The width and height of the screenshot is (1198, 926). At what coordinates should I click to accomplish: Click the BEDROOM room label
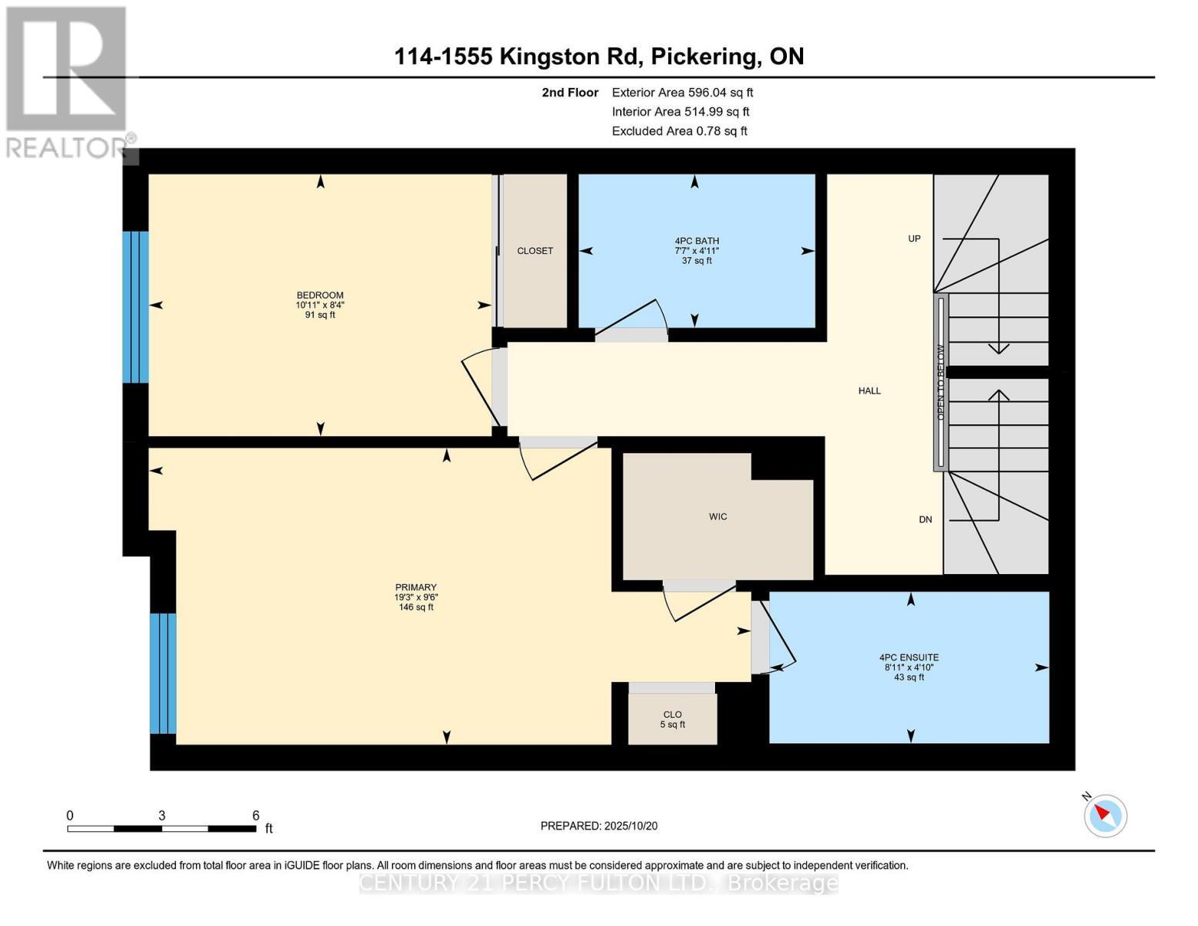[320, 296]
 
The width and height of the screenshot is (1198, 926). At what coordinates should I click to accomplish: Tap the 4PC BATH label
[696, 241]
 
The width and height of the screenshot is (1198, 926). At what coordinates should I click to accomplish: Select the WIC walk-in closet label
[717, 516]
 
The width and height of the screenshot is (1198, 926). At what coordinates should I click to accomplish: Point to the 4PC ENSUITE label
[909, 657]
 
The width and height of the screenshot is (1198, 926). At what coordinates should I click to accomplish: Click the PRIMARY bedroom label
[416, 587]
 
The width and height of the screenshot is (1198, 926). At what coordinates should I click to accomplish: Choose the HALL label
[869, 391]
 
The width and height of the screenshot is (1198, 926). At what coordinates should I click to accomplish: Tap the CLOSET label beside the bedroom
[535, 251]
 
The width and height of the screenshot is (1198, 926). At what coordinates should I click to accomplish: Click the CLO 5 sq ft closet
[672, 719]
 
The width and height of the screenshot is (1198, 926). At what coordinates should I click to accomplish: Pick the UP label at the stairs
[914, 238]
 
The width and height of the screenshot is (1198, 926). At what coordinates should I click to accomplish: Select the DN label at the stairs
[925, 519]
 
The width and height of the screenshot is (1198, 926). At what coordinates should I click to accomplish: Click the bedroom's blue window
[136, 306]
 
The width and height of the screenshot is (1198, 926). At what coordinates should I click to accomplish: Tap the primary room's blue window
[163, 673]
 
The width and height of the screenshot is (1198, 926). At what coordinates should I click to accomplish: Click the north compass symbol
[1105, 815]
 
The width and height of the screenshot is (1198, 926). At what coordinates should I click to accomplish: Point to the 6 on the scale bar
[255, 816]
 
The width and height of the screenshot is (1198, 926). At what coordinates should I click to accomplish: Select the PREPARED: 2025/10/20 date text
[599, 826]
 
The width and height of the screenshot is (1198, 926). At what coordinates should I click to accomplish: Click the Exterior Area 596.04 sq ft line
[682, 93]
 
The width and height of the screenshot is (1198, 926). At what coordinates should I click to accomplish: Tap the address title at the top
[599, 56]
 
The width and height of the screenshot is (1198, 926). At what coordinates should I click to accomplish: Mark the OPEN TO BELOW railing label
[940, 383]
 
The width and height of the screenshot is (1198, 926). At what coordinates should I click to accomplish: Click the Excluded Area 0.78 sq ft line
[679, 131]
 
